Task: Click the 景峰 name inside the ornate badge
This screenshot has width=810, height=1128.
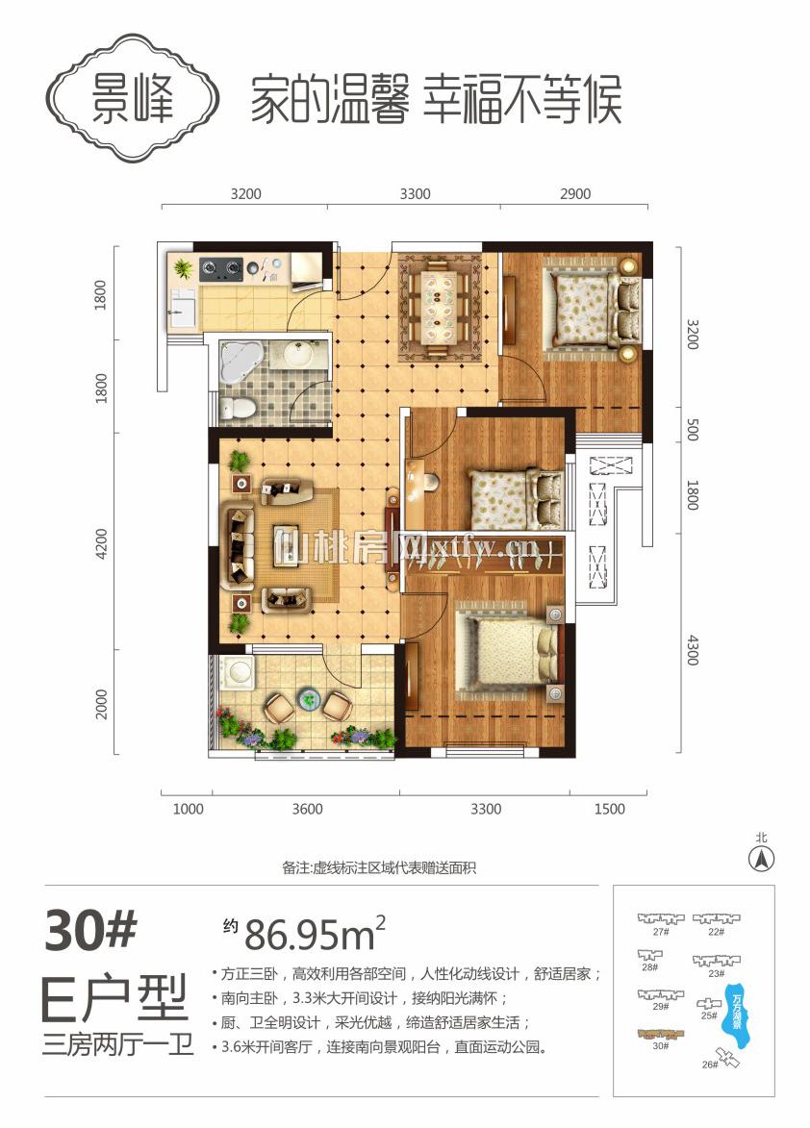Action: pyautogui.click(x=133, y=98)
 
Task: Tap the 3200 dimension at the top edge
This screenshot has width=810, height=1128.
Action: pyautogui.click(x=246, y=194)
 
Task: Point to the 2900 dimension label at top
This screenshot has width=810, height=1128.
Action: pyautogui.click(x=575, y=194)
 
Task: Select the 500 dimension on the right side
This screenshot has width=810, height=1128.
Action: pyautogui.click(x=692, y=430)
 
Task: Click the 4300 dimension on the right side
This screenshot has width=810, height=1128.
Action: pyautogui.click(x=692, y=650)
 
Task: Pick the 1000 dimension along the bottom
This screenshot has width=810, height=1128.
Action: pyautogui.click(x=189, y=810)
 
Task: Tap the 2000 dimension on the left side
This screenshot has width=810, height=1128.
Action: pyautogui.click(x=101, y=704)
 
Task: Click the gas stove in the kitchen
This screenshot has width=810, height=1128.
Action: pyautogui.click(x=220, y=269)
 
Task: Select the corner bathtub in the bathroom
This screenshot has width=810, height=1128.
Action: pyautogui.click(x=240, y=361)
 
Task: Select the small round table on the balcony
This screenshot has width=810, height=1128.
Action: pyautogui.click(x=309, y=696)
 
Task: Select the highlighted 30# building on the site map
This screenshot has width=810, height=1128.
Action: pyautogui.click(x=660, y=1035)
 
